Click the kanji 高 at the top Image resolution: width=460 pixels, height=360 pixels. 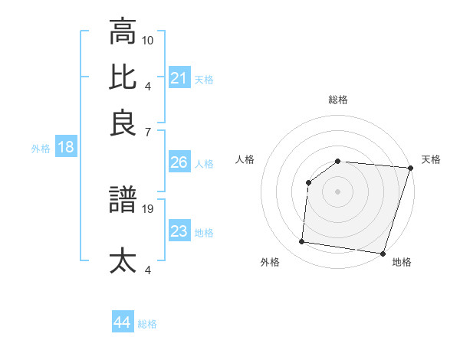123,32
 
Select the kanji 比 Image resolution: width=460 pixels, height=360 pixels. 123,77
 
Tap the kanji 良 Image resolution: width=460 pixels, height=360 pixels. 123,123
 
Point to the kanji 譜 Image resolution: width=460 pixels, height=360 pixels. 123,201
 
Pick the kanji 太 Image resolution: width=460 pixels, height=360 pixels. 123,260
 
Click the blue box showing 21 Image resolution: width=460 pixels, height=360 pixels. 179,78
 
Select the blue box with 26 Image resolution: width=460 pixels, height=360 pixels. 179,162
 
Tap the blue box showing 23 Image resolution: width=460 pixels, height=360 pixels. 179,231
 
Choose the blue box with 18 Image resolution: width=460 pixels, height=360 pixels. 66,148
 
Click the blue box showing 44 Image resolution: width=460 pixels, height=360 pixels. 123,322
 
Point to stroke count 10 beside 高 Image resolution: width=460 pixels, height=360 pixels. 149,39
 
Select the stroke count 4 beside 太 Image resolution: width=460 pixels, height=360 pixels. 149,269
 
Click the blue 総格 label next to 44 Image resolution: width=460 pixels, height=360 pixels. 147,324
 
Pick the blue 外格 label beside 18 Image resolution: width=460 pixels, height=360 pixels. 41,149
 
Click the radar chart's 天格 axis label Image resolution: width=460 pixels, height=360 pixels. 431,159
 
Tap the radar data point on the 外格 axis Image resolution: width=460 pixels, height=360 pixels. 302,242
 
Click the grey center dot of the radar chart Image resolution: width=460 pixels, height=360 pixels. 337,191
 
